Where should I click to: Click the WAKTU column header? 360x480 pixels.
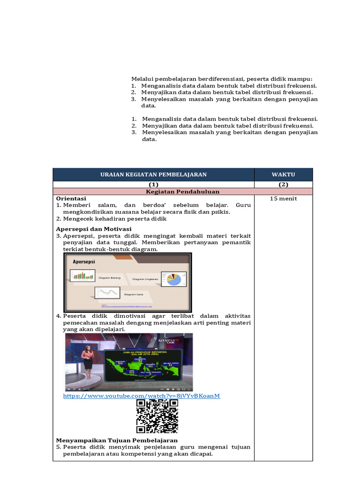283,174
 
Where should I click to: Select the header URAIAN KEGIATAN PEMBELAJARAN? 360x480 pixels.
153,174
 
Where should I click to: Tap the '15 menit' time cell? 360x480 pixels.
283,199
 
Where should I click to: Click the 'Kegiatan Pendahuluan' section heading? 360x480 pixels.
183,191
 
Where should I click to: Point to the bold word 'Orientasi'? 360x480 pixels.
71,199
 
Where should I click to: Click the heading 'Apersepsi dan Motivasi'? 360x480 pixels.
94,229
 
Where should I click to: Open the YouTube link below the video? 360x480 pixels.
141,396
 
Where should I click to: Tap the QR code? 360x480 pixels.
157,416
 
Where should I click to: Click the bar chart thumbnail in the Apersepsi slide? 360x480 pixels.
83,275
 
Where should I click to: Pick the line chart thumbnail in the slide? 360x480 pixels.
107,293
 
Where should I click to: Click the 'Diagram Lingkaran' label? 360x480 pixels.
145,279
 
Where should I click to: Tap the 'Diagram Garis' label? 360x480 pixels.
134,295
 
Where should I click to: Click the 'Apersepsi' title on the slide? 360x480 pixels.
84,262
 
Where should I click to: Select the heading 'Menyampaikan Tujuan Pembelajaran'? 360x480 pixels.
117,441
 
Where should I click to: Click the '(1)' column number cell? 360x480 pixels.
153,185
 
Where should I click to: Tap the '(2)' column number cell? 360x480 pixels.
283,185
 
